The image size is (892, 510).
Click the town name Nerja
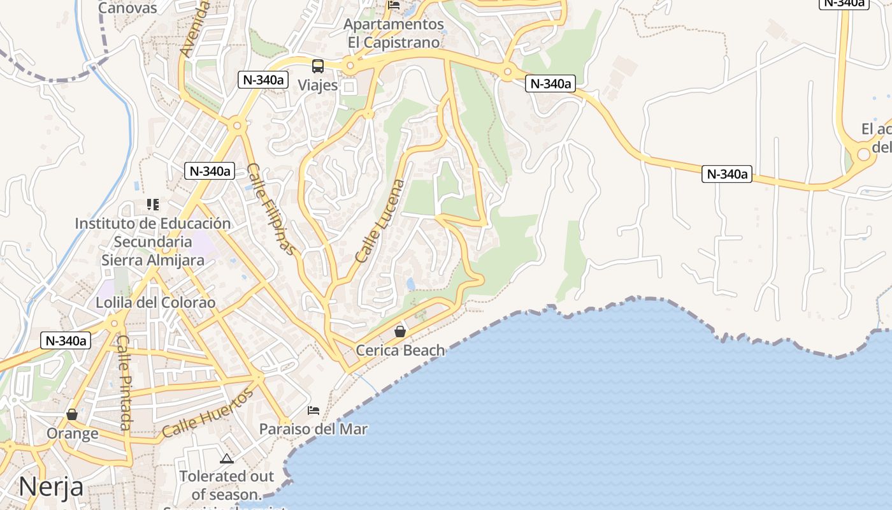(x=51, y=487)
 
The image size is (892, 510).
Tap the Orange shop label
(x=73, y=433)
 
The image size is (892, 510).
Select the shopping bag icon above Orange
(x=72, y=414)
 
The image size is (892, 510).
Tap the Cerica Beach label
(x=400, y=350)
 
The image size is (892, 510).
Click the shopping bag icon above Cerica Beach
(x=400, y=331)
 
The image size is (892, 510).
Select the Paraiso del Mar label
(x=313, y=429)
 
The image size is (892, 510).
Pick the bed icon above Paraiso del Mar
(x=313, y=410)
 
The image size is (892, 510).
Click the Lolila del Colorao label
(x=155, y=302)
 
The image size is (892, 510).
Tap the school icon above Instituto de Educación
(x=153, y=205)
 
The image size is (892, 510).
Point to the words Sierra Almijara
(x=153, y=260)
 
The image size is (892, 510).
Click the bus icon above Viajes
(x=318, y=66)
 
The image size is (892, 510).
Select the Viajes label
(x=317, y=85)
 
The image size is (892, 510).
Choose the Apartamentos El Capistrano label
(x=394, y=33)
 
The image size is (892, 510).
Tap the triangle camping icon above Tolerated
(x=227, y=458)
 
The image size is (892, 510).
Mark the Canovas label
(x=127, y=8)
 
